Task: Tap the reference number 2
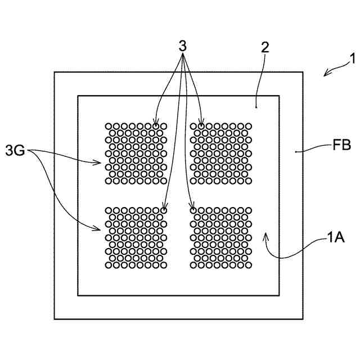[x=265, y=47]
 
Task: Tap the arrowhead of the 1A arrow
[x=266, y=233]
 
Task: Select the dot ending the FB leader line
[x=296, y=151]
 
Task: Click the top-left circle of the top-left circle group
[x=109, y=126]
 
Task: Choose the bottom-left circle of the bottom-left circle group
[x=109, y=265]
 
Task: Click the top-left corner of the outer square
[x=54, y=72]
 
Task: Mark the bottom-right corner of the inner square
[x=280, y=295]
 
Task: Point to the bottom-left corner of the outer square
[x=54, y=319]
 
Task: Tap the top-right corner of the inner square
[x=280, y=96]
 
